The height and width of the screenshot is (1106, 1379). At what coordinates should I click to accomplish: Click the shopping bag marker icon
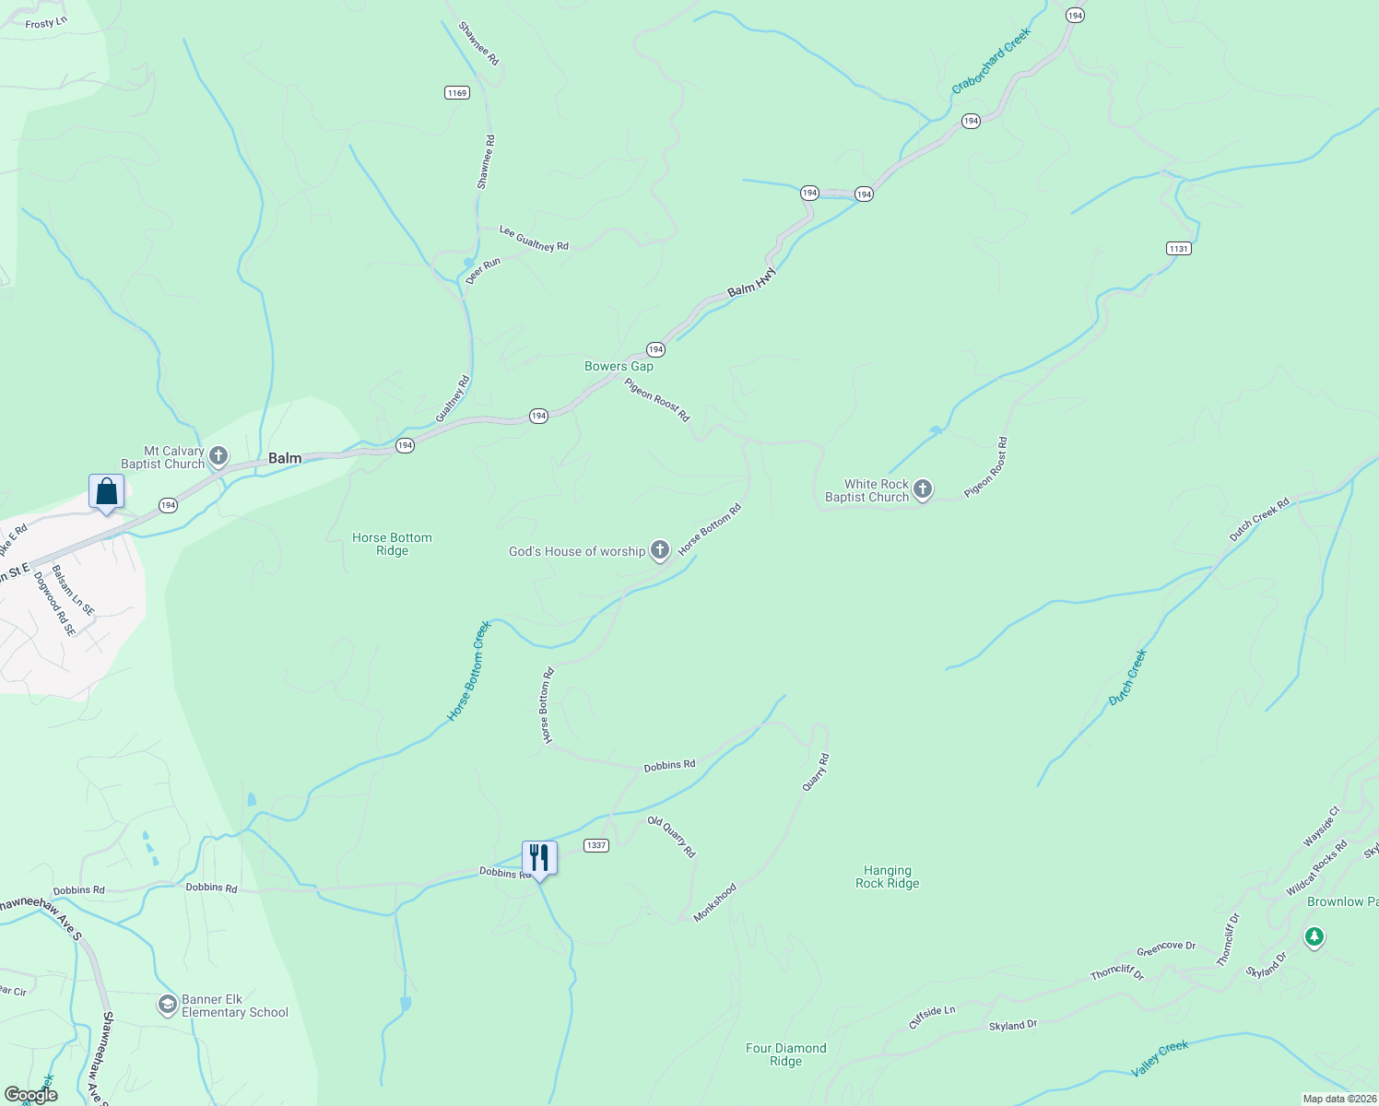(x=106, y=491)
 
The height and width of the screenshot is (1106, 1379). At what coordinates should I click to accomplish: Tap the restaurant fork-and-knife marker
(x=539, y=858)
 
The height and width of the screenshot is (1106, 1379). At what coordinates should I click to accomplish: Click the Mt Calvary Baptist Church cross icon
(x=218, y=455)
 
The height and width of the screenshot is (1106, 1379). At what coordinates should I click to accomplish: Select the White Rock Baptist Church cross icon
(x=923, y=489)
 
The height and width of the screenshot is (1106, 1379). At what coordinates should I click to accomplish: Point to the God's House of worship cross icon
(x=659, y=551)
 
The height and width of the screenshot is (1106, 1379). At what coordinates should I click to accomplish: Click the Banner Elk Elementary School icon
(x=168, y=1005)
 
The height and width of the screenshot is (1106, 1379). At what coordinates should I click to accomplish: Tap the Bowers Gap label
(x=619, y=366)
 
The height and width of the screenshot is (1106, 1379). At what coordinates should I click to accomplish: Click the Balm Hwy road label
(x=752, y=283)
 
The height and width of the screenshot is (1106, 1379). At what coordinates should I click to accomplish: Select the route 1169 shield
(x=456, y=92)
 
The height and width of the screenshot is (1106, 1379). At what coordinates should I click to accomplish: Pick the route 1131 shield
(x=1178, y=248)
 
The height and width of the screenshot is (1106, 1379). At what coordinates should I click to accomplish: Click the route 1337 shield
(x=596, y=845)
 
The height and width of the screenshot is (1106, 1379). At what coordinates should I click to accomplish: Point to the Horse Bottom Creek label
(x=469, y=671)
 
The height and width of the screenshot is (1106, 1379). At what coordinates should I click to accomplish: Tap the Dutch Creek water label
(x=1127, y=677)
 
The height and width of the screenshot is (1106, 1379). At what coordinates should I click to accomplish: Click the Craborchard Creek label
(x=991, y=61)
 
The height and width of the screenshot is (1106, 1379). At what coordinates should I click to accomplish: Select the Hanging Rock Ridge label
(x=887, y=877)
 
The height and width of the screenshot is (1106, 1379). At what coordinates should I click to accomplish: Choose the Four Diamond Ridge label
(x=785, y=1054)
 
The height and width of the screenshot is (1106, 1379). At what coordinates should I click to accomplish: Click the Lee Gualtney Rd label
(x=534, y=239)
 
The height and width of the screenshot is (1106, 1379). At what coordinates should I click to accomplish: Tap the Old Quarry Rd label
(x=671, y=837)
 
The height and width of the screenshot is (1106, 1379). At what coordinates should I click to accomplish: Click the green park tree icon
(x=1314, y=937)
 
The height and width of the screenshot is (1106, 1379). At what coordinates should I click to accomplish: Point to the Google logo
(x=31, y=1095)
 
